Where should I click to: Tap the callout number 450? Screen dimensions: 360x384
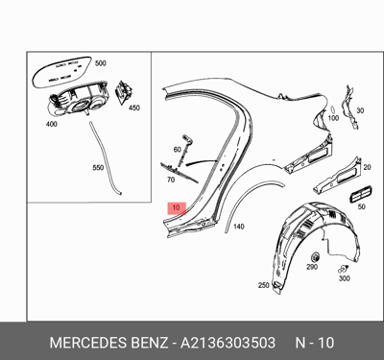(134, 108)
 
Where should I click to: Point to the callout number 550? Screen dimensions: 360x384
(97, 167)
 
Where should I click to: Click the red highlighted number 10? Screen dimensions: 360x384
(174, 207)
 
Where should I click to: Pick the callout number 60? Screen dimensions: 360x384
(178, 150)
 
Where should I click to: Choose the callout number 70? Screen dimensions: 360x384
(171, 179)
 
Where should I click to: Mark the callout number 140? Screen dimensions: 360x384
(238, 227)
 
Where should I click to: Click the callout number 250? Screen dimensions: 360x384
(264, 285)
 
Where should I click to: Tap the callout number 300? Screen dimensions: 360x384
(345, 279)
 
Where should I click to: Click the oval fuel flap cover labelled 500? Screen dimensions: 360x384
(62, 71)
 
